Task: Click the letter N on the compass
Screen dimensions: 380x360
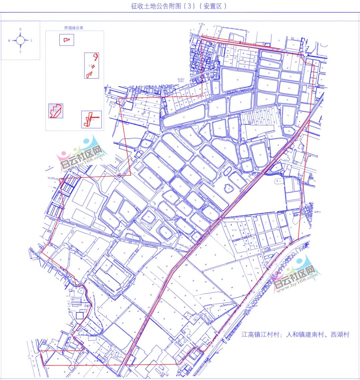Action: coord(20,29)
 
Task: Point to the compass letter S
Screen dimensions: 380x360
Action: coord(20,52)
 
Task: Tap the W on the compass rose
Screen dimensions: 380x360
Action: coord(9,41)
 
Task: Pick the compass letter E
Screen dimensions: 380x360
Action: coord(32,41)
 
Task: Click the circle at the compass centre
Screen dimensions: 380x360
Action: coord(20,41)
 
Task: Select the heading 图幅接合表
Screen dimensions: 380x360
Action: coord(74,28)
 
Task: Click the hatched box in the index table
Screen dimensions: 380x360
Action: coord(56,111)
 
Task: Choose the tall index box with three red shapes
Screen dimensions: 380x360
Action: coord(92,66)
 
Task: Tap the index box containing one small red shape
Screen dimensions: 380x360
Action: coord(67,40)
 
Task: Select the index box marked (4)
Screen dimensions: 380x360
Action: coord(91,119)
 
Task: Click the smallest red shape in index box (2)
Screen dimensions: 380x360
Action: coord(93,67)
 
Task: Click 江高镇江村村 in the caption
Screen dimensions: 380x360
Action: coord(260,335)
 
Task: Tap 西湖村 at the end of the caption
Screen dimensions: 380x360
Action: coord(340,335)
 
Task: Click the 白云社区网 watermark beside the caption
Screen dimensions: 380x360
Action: coord(295,275)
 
